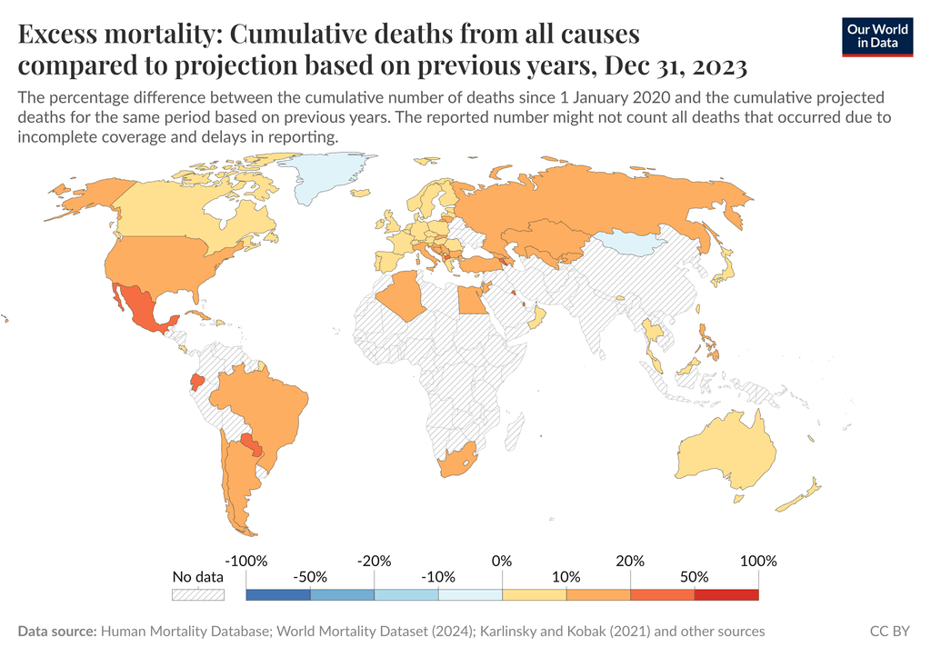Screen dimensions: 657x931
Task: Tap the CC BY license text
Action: (890, 631)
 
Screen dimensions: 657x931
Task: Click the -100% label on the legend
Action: (245, 561)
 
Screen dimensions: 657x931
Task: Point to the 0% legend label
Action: (502, 561)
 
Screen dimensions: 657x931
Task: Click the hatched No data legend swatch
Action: (198, 595)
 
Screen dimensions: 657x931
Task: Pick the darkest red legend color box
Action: (726, 595)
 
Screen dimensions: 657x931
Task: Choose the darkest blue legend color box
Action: (278, 595)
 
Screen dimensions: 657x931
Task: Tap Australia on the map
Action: (727, 450)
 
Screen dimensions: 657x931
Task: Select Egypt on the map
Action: (472, 299)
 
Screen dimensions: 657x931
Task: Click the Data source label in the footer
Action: (57, 631)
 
